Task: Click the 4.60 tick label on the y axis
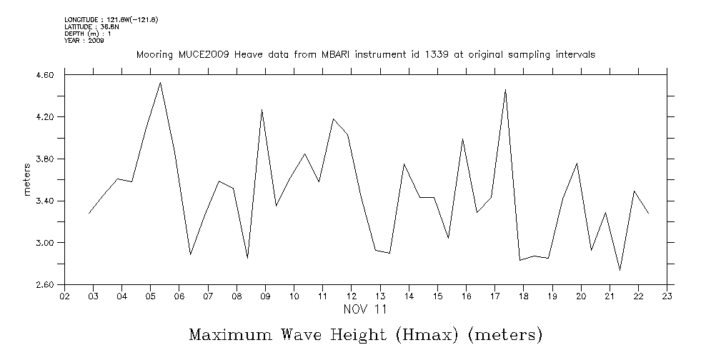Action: click(x=44, y=75)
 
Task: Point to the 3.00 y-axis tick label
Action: click(x=44, y=243)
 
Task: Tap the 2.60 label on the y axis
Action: click(x=44, y=285)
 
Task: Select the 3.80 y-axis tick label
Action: click(x=44, y=159)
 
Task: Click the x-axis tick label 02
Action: click(x=64, y=296)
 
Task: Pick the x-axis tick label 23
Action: click(x=667, y=296)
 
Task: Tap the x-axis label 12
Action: click(x=352, y=296)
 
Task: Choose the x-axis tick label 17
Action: click(x=494, y=296)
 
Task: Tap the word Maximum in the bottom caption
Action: click(x=231, y=335)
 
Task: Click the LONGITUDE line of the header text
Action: click(x=111, y=19)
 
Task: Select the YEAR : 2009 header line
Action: click(x=84, y=41)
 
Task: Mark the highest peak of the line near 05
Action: click(x=161, y=83)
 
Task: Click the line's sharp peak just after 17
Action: click(x=505, y=90)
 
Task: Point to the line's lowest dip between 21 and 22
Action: click(x=620, y=270)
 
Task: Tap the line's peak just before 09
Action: click(x=262, y=110)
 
